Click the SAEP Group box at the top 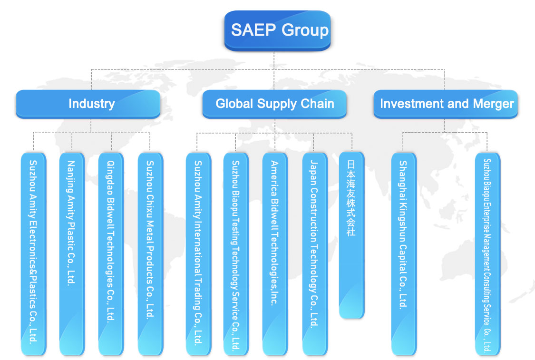277,30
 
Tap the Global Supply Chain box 274,104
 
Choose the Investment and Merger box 446,104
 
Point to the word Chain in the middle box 318,104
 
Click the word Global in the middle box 234,104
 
